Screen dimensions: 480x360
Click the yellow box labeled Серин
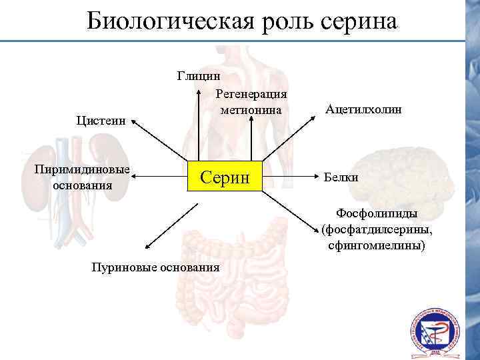225,177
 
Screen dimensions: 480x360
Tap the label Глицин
199,75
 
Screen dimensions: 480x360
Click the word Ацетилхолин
364,109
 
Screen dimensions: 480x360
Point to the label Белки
341,177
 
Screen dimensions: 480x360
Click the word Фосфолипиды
377,214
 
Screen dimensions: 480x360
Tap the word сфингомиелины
377,246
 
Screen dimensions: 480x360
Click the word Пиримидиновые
82,169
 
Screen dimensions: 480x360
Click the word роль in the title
289,21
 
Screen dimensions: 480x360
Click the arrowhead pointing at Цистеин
133,122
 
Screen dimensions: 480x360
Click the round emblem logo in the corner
434,331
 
